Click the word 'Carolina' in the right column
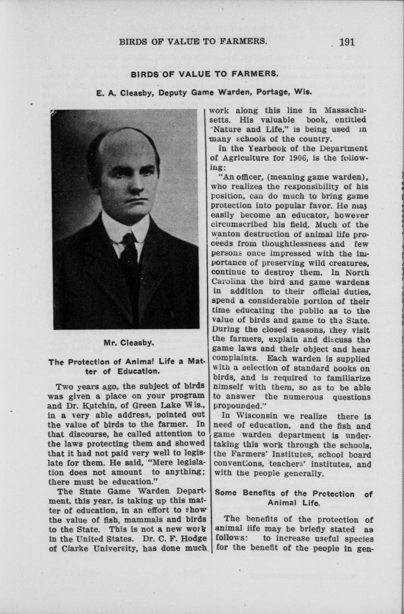point(227,282)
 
